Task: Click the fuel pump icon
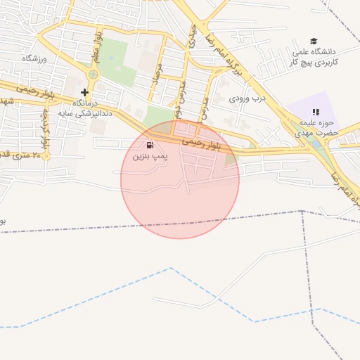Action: pos(150,146)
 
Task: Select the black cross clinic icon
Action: pos(85,92)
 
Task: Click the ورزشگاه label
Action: pos(33,58)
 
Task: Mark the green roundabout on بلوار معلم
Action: pos(93,74)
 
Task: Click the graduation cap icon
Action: pos(314,41)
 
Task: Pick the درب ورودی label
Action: pos(247,99)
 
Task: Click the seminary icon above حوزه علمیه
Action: pos(316,111)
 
